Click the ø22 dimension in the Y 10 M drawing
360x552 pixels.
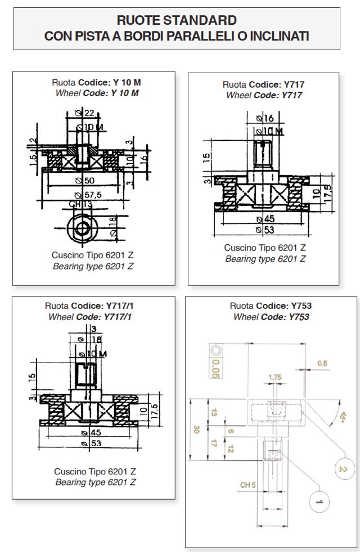[x=85, y=114]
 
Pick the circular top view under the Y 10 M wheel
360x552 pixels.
[x=83, y=227]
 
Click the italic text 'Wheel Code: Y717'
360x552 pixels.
[x=264, y=95]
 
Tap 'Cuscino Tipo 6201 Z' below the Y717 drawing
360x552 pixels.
[x=265, y=248]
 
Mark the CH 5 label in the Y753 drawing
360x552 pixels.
[x=248, y=484]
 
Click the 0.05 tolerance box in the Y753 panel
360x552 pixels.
[x=216, y=365]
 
